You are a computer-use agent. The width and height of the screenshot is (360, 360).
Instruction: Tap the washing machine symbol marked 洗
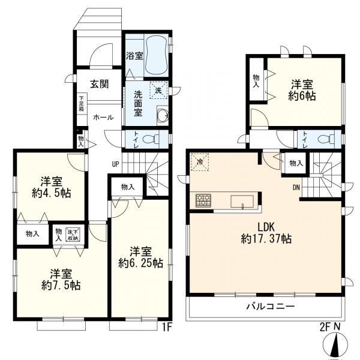(x=158, y=90)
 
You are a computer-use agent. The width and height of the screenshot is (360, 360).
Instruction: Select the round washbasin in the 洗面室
(x=163, y=115)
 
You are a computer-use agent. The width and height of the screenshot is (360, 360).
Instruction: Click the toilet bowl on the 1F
(x=151, y=139)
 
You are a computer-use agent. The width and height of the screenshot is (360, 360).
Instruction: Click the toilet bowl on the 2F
(x=326, y=139)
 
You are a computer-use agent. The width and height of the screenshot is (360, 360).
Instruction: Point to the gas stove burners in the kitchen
(x=203, y=200)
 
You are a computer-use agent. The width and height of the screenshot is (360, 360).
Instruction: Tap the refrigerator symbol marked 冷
(x=200, y=162)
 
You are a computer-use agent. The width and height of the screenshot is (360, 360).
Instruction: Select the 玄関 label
(x=99, y=84)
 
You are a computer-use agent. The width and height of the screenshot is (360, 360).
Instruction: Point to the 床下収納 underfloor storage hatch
(x=73, y=235)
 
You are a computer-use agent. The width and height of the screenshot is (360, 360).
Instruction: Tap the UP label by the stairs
(x=115, y=164)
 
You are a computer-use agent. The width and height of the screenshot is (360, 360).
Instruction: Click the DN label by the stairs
(x=296, y=188)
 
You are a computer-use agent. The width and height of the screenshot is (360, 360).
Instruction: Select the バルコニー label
(x=271, y=306)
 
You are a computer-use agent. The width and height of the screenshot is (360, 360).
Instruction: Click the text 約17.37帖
(x=266, y=239)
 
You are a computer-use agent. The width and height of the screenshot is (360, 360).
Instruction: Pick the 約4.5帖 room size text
(x=51, y=193)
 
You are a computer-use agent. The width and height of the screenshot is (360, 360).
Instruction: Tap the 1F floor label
(x=167, y=328)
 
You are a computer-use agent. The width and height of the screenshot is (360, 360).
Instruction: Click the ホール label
(x=103, y=118)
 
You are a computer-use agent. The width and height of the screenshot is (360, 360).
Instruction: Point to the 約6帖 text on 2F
(x=302, y=96)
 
